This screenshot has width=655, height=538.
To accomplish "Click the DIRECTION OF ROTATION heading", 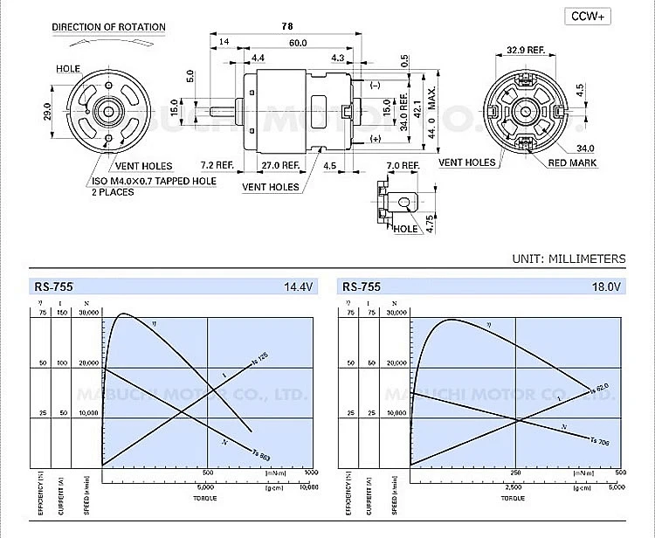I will (108, 27).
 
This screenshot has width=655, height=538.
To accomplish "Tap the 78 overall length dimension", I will (287, 25).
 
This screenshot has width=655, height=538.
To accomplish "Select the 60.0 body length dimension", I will (298, 42).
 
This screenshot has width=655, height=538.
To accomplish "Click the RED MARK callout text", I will (576, 162).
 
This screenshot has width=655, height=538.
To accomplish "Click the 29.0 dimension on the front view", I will (49, 112).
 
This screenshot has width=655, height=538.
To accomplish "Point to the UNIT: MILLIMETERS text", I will (569, 259).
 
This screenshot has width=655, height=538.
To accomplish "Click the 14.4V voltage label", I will (298, 286).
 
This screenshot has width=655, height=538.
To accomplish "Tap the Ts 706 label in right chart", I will (598, 442).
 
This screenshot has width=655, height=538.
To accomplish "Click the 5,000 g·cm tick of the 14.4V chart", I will (206, 487).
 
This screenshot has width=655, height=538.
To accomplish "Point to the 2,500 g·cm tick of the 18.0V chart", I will (514, 487).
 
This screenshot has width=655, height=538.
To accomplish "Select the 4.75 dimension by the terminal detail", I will (430, 223).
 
